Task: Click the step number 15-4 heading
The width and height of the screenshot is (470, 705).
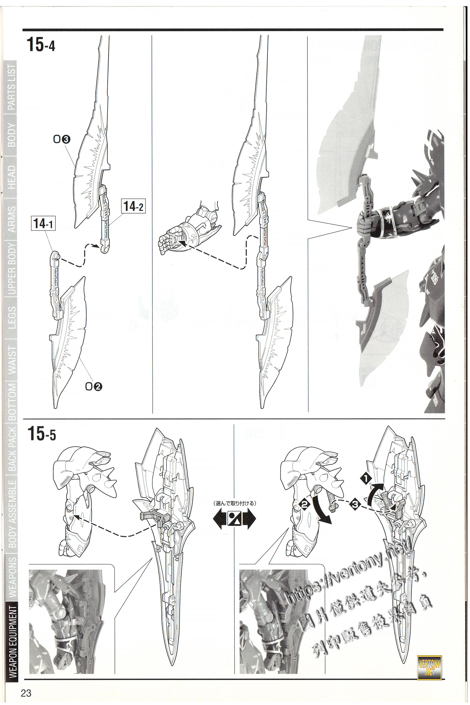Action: coord(41,45)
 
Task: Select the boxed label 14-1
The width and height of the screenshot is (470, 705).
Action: coord(43,223)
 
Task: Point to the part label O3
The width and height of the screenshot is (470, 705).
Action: coord(62,139)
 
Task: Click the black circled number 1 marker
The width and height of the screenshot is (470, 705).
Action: coord(366,479)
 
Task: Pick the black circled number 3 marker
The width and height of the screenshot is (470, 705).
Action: coord(355,504)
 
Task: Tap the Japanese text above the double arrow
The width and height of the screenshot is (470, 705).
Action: coord(234,503)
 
